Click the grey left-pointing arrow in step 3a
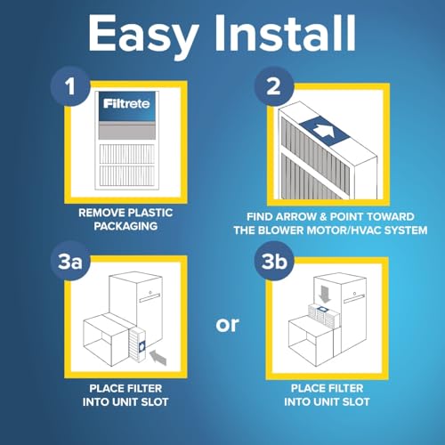click(x=159, y=359)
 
